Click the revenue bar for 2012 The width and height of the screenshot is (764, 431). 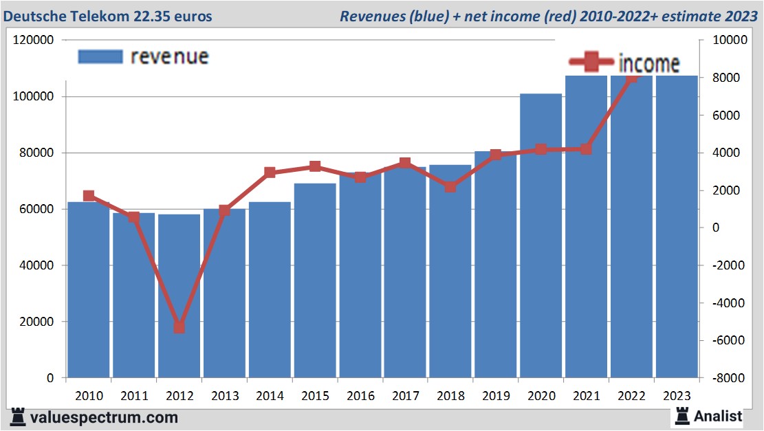tap(179, 296)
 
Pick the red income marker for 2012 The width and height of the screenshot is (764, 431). tap(179, 327)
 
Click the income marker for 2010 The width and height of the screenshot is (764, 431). tap(89, 196)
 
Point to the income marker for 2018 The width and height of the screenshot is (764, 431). tap(450, 186)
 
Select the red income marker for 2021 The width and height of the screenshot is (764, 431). tap(586, 149)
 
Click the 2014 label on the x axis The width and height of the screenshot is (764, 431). tap(270, 396)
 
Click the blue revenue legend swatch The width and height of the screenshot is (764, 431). tap(100, 56)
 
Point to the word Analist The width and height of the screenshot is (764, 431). tap(718, 416)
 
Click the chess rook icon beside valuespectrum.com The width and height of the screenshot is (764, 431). tap(19, 417)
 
